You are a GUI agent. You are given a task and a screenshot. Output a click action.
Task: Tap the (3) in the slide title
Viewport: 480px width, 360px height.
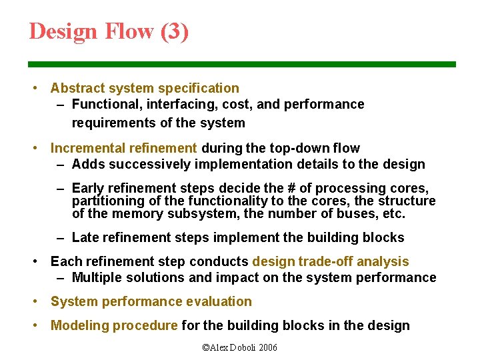(x=175, y=31)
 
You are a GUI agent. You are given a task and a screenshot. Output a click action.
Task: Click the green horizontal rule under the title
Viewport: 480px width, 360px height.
(x=241, y=64)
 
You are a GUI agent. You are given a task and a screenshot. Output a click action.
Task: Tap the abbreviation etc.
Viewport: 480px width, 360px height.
(x=391, y=213)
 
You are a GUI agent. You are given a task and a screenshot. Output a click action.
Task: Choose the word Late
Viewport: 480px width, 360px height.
(x=85, y=237)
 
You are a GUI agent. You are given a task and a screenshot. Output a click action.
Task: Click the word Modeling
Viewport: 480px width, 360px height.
(x=79, y=325)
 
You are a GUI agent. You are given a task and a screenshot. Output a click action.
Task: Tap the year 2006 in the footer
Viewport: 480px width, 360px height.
(x=267, y=347)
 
